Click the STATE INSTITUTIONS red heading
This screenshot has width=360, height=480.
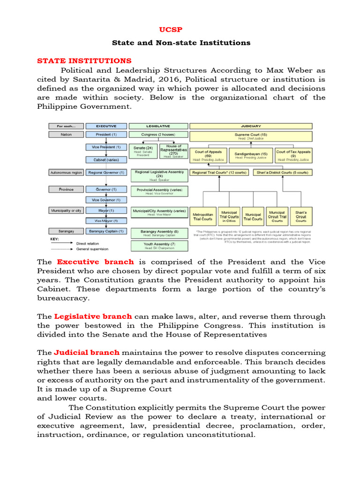point(84,61)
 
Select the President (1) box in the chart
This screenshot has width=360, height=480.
point(106,135)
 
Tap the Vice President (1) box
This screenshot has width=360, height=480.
point(106,147)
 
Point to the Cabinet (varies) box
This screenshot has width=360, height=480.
point(106,160)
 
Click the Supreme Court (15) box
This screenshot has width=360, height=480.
point(251,135)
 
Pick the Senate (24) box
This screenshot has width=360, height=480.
point(143,151)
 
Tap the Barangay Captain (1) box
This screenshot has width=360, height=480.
point(106,231)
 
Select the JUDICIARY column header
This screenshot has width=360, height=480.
point(251,126)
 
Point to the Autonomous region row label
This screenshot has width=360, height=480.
point(66,172)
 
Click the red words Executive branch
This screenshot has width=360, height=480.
point(95,262)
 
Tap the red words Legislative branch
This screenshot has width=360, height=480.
point(93,316)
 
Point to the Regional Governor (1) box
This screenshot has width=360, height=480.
point(106,172)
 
